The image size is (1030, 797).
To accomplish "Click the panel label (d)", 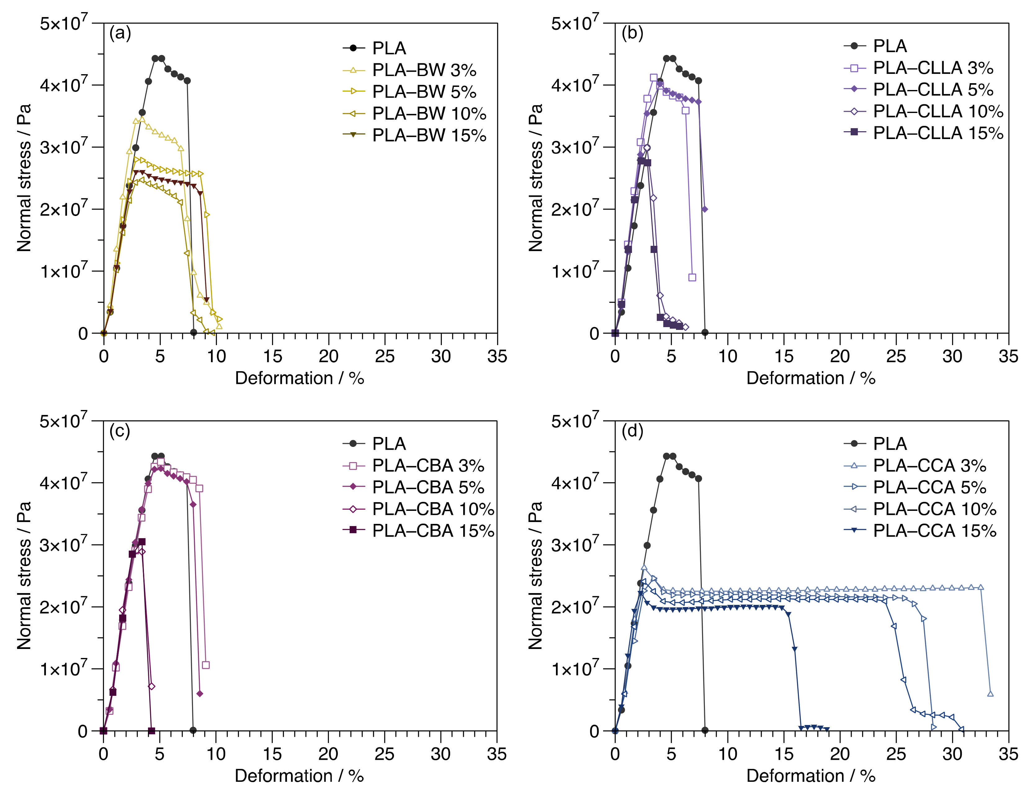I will (x=632, y=431).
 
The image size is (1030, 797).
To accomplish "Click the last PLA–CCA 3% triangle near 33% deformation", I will (x=990, y=694).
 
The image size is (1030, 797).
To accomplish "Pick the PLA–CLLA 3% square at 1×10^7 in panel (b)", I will (x=692, y=277).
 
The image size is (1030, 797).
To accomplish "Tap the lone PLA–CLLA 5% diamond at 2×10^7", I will (x=705, y=209).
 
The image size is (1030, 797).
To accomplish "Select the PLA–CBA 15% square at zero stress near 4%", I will (x=151, y=731).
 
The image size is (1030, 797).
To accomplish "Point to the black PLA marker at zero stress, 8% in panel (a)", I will (x=193, y=332).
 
